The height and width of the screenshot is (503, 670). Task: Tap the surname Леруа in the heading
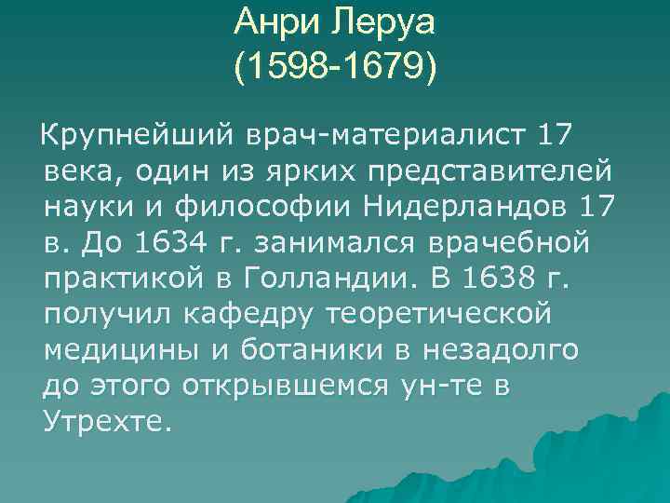pos(382,20)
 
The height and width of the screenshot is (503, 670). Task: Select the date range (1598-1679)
pos(334,67)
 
